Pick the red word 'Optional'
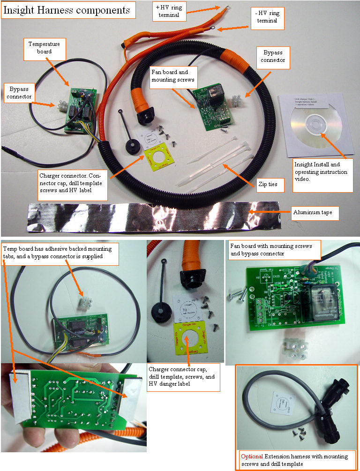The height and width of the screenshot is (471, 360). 252,456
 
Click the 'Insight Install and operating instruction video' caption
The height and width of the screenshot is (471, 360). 322,175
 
